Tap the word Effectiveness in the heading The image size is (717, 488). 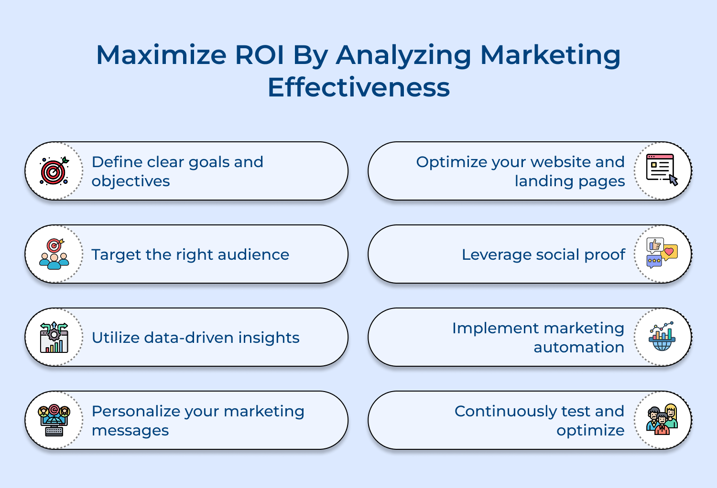(x=358, y=88)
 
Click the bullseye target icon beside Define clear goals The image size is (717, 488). (x=54, y=171)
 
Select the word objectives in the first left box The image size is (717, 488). (x=130, y=181)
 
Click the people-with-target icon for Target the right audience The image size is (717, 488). (x=54, y=254)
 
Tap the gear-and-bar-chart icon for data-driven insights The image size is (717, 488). (x=54, y=337)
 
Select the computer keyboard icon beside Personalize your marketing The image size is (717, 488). (x=54, y=420)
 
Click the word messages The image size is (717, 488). (x=130, y=431)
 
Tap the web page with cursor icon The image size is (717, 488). (x=662, y=170)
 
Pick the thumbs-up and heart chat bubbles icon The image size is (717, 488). (x=662, y=253)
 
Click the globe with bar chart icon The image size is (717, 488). (x=662, y=337)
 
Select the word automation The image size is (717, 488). (x=579, y=348)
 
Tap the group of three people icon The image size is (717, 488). (x=662, y=420)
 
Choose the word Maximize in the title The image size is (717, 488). (x=161, y=55)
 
